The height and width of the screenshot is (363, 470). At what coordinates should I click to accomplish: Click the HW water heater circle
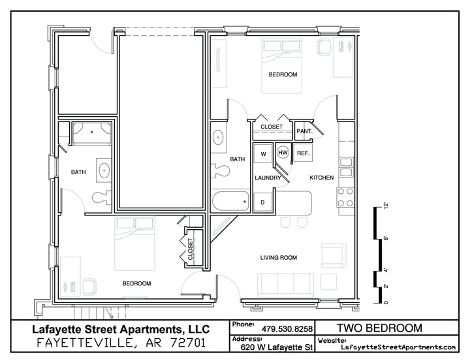[x=283, y=153]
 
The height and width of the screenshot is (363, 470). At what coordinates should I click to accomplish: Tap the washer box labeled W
[x=263, y=153]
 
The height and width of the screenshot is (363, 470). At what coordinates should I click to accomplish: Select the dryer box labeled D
[x=263, y=202]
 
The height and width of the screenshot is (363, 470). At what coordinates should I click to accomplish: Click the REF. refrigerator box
[x=303, y=153]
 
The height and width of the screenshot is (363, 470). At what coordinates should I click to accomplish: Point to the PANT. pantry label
[x=305, y=131]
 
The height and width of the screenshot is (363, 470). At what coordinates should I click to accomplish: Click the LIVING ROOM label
[x=279, y=257]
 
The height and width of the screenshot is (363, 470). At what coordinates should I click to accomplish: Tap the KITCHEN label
[x=322, y=178]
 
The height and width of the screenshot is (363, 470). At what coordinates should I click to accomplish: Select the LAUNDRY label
[x=268, y=178]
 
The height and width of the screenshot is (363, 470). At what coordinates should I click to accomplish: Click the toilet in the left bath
[x=102, y=198]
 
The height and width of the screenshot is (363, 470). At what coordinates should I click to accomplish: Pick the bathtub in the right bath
[x=231, y=202]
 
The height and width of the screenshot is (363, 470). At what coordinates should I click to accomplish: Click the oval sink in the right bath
[x=218, y=138]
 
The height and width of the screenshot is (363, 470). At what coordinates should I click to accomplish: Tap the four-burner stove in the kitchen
[x=345, y=197]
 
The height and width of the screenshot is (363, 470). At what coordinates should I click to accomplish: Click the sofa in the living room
[x=286, y=285]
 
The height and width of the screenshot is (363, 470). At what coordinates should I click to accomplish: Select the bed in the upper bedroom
[x=282, y=66]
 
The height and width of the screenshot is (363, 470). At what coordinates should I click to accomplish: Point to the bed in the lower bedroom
[x=135, y=244]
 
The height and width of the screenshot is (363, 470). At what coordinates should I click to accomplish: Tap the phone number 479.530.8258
[x=287, y=329]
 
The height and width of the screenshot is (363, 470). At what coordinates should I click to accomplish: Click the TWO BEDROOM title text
[x=379, y=328]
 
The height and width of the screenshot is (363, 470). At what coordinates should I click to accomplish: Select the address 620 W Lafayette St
[x=276, y=347]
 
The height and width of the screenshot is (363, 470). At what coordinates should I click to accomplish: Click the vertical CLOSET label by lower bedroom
[x=191, y=249]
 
